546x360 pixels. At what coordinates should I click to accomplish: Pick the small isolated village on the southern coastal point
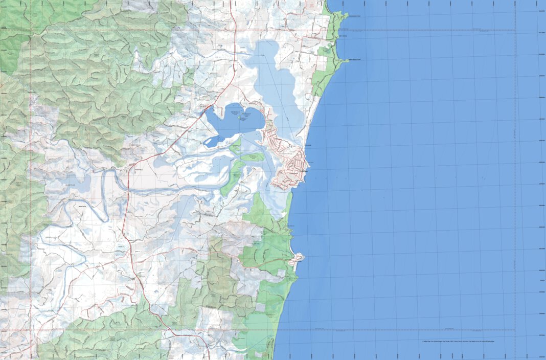coord(297,259)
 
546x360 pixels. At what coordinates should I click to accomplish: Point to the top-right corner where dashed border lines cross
coord(515,30)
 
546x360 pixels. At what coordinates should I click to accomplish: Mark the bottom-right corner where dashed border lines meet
coord(515,329)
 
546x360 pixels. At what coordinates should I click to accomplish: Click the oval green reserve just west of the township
coord(253,157)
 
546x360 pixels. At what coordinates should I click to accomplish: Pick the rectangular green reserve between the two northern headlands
coord(324,51)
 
